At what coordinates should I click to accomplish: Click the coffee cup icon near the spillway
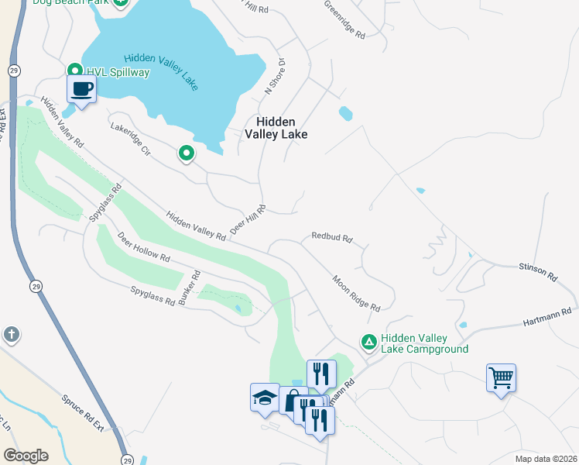(x=82, y=89)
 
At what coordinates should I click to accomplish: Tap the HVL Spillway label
(x=118, y=72)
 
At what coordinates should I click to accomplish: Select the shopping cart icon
(x=501, y=378)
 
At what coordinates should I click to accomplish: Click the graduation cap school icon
(x=265, y=398)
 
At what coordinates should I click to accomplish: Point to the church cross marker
(x=11, y=334)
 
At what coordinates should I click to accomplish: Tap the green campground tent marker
(x=369, y=341)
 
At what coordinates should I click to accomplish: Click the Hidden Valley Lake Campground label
(x=424, y=344)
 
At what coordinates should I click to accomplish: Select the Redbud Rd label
(x=332, y=236)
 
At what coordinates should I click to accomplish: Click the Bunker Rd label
(x=190, y=288)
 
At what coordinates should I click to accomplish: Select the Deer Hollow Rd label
(x=143, y=246)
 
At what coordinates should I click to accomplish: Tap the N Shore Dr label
(x=274, y=76)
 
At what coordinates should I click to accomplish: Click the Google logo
(x=26, y=455)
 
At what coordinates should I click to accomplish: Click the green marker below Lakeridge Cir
(x=186, y=154)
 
